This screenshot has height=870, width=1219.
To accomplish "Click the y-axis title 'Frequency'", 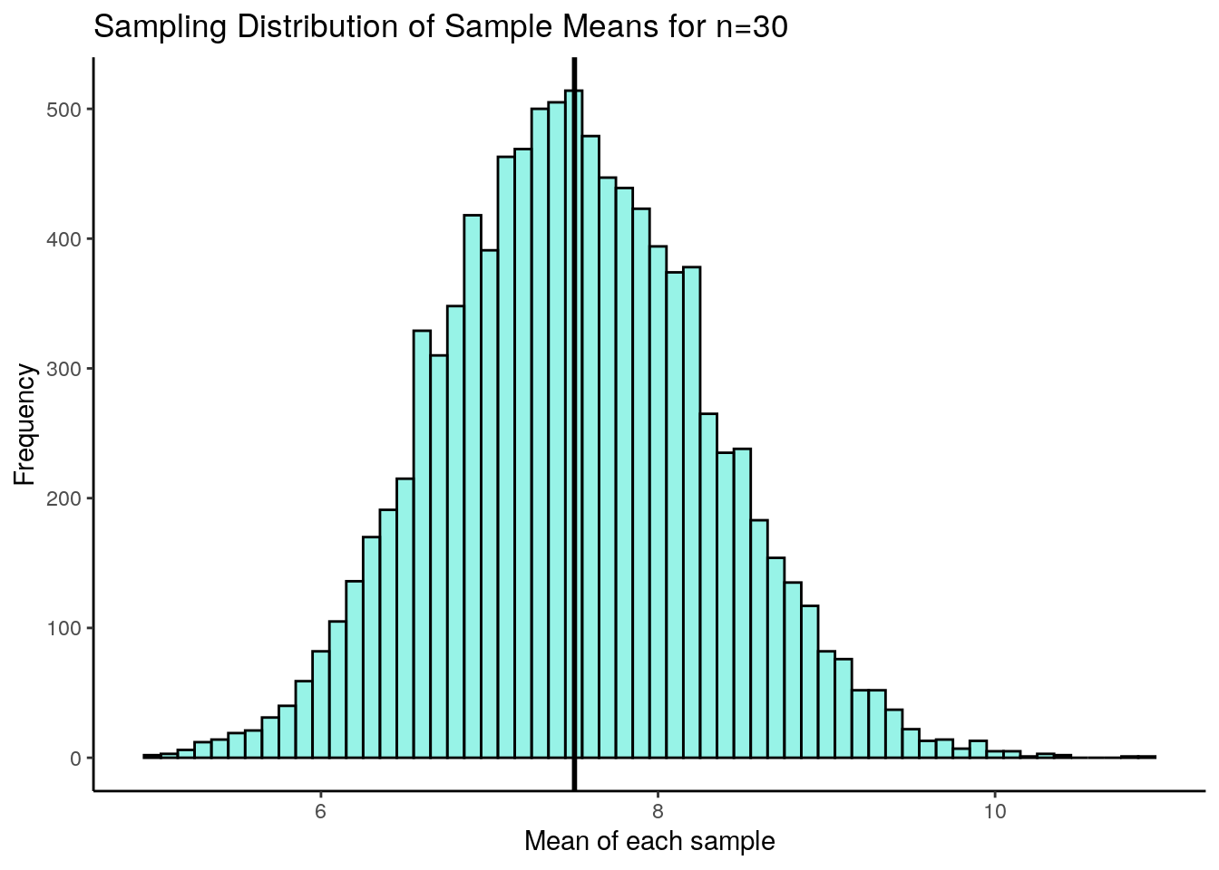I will (24, 424).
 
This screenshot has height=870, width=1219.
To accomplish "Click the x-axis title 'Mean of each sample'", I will (649, 841).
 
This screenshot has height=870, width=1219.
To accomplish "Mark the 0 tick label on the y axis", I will (75, 758).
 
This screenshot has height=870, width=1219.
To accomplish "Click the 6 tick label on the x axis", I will (320, 811).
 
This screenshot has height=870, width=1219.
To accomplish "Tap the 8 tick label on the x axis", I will (658, 811).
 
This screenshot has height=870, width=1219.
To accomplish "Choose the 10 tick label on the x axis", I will (995, 811).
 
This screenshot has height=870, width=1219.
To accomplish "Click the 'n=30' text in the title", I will (751, 27).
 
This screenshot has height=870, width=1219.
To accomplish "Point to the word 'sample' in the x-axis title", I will (730, 841).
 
